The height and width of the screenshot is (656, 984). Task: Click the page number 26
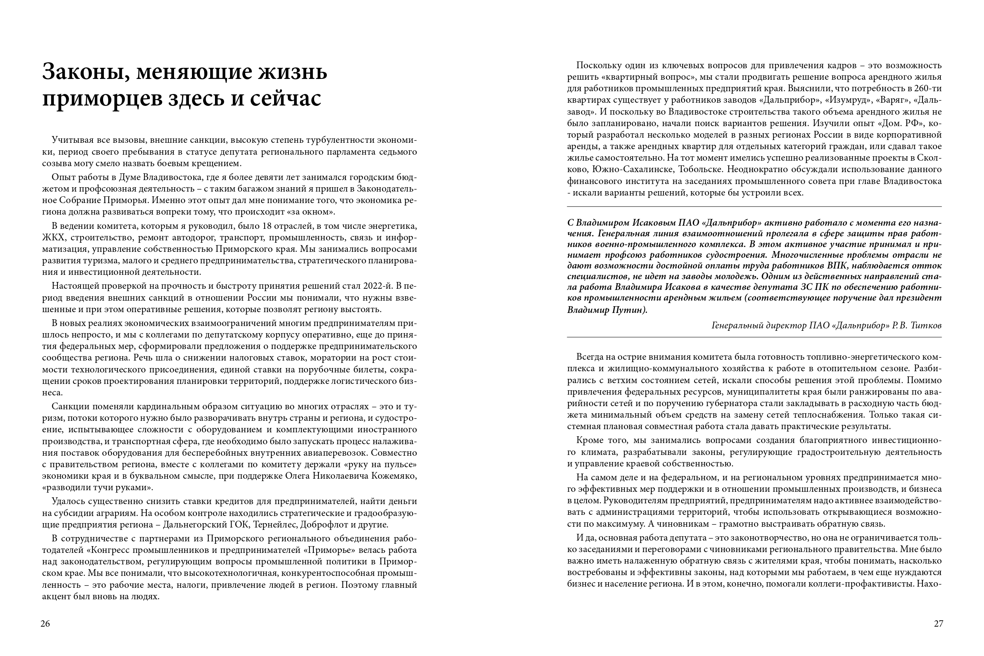point(45,624)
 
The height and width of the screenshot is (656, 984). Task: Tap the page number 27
point(938,624)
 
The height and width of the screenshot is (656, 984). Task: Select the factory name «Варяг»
point(888,100)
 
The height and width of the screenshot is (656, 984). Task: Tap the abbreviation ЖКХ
point(54,238)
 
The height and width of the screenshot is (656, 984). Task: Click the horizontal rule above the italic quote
point(754,207)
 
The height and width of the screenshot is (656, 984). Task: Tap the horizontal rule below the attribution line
point(754,337)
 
